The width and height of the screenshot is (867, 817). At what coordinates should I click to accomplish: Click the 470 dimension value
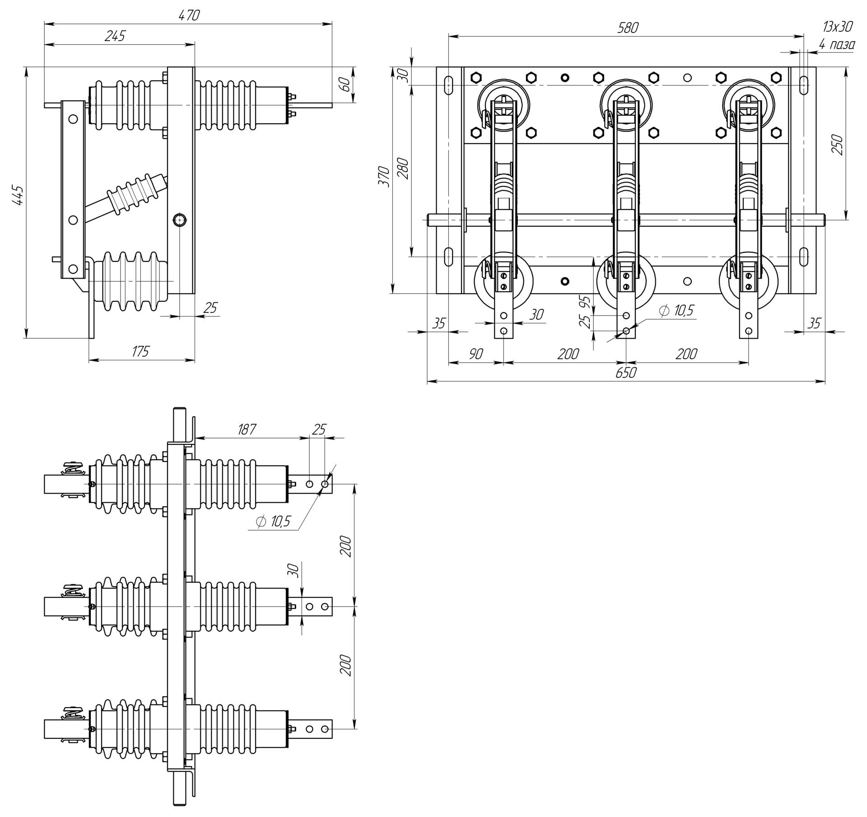189,15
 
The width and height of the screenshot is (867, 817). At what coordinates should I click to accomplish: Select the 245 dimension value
115,36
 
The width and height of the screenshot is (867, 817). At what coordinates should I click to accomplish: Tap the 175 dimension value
140,351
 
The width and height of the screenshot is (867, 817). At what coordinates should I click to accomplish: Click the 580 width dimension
628,28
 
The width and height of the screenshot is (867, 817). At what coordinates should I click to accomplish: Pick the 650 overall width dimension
626,373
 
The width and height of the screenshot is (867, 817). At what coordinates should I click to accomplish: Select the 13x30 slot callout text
837,27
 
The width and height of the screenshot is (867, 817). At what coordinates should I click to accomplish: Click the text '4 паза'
837,44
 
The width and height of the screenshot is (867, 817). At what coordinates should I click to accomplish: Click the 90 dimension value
475,354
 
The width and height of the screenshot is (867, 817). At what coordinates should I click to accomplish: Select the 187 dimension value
247,429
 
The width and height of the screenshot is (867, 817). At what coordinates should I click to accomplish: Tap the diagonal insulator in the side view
131,197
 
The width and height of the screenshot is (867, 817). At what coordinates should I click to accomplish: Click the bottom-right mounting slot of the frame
804,257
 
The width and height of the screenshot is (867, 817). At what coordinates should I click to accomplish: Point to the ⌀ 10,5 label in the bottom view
273,522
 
